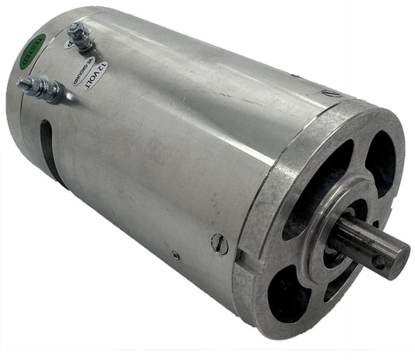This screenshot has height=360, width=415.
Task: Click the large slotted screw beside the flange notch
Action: [x=221, y=245]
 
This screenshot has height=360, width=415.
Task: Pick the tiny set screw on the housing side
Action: [x=177, y=254]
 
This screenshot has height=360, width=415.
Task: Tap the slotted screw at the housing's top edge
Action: [x=332, y=94]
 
